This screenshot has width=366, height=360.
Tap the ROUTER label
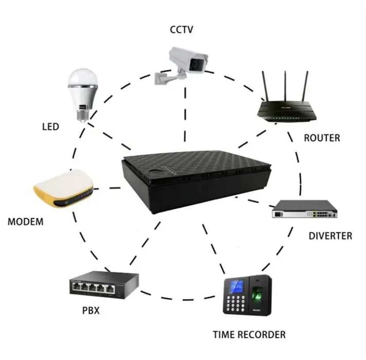(x=322, y=138)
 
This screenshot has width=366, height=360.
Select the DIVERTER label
(x=330, y=236)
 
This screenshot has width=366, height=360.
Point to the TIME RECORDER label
(x=249, y=335)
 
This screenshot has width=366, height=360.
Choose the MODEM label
(x=26, y=223)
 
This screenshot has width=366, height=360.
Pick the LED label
(x=50, y=126)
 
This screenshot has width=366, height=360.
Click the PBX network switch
(x=97, y=284)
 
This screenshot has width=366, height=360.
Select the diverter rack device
(x=304, y=209)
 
